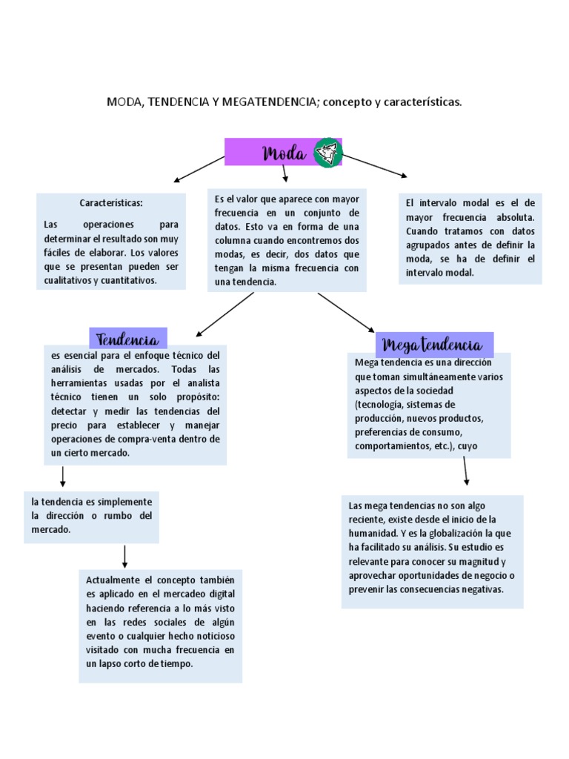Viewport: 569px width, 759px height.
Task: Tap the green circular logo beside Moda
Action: pyautogui.click(x=327, y=153)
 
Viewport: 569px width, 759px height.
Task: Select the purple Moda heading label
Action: pyautogui.click(x=284, y=153)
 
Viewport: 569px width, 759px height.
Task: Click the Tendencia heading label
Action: pyautogui.click(x=127, y=339)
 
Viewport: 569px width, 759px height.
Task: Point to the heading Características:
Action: pyautogui.click(x=111, y=203)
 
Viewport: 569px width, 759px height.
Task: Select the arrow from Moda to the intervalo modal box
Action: pyautogui.click(x=374, y=165)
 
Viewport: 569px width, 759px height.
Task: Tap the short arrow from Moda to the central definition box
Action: pyautogui.click(x=284, y=173)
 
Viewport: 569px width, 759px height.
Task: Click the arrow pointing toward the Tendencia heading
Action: pyautogui.click(x=224, y=314)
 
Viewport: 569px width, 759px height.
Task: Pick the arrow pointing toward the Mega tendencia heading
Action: pyautogui.click(x=346, y=312)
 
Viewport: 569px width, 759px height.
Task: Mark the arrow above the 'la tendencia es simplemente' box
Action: pyautogui.click(x=63, y=476)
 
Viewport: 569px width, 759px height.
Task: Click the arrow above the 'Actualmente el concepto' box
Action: pyautogui.click(x=124, y=556)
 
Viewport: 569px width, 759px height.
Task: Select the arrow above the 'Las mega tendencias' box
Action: pyautogui.click(x=465, y=470)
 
